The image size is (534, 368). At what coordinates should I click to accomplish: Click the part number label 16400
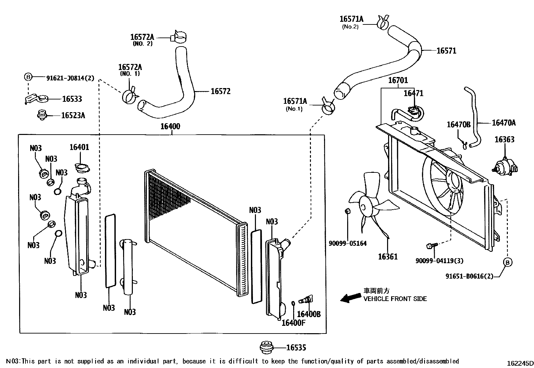[170, 127]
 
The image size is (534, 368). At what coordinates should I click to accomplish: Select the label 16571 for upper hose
[446, 51]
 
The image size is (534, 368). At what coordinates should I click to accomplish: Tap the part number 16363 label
[504, 140]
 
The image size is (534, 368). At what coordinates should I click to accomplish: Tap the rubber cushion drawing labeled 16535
[267, 347]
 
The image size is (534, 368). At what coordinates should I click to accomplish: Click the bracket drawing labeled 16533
[37, 99]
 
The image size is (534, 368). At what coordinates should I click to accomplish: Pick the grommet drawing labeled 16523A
[42, 115]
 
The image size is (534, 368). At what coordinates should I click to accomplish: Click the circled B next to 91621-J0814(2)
[28, 77]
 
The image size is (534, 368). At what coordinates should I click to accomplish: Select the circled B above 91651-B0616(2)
[508, 262]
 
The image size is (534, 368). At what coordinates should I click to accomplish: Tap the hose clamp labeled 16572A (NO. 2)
[179, 36]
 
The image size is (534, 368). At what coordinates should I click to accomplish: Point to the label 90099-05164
[348, 243]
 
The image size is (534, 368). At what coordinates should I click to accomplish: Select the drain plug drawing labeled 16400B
[306, 299]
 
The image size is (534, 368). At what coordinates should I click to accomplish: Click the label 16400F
[293, 322]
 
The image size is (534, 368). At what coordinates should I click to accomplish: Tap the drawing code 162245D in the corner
[520, 363]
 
